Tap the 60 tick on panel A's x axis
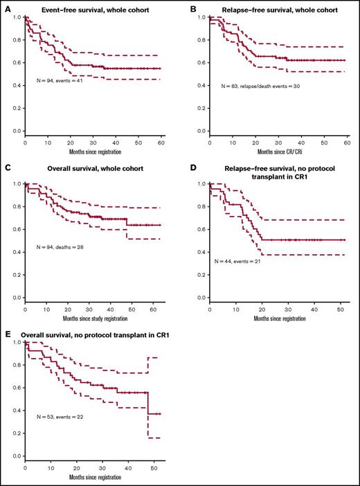point(163,142)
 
